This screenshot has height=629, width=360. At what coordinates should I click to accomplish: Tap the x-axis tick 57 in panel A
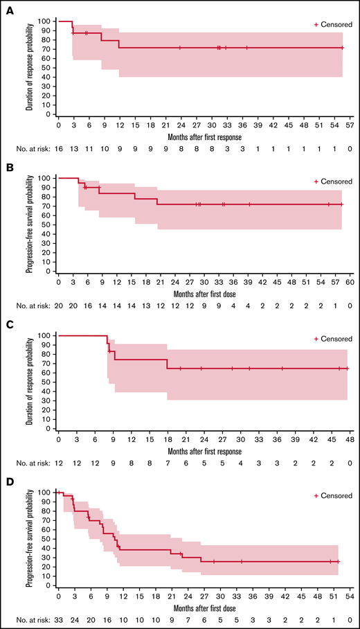(x=350, y=127)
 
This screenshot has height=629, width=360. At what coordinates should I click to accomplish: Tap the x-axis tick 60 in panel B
(x=350, y=284)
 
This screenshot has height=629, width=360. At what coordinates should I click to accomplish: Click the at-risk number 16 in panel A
(x=60, y=148)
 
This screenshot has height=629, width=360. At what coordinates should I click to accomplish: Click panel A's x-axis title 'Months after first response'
(x=204, y=137)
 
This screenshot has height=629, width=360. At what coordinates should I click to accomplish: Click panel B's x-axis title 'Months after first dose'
(x=204, y=294)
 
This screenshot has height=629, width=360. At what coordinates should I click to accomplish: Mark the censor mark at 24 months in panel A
(x=180, y=48)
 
